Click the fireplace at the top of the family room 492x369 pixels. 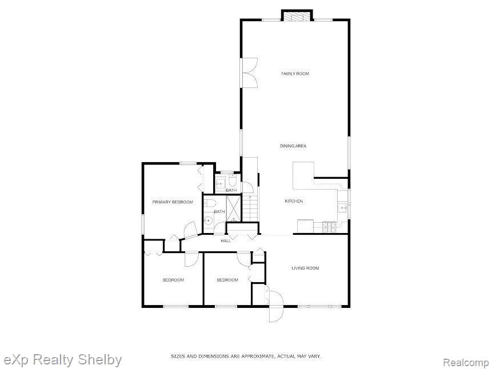[297, 16]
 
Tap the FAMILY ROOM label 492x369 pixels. [295, 74]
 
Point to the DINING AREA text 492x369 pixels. [293, 146]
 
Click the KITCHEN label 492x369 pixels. [294, 201]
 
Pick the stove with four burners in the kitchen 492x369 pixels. [329, 227]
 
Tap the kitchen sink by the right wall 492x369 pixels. [343, 207]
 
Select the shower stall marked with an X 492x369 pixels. [235, 207]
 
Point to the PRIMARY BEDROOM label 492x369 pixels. [173, 202]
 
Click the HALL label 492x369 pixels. [226, 240]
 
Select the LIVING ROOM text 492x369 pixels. [305, 268]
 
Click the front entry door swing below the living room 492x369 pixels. [275, 306]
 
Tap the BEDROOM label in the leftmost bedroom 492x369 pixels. [173, 280]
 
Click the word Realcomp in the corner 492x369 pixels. [466, 363]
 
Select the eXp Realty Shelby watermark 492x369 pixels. [62, 360]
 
